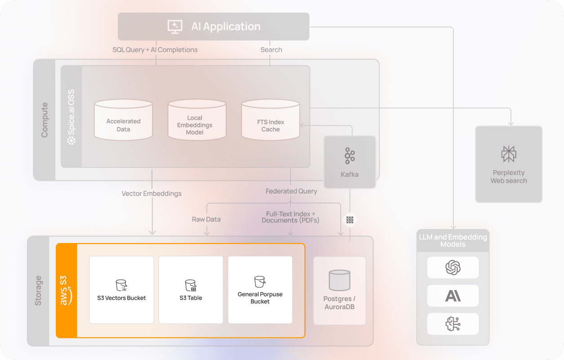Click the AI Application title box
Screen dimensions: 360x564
click(x=214, y=27)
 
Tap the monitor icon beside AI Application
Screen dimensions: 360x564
click(x=175, y=27)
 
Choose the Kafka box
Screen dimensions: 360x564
click(x=350, y=162)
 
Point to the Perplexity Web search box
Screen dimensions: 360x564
click(x=509, y=164)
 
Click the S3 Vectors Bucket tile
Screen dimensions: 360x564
click(x=121, y=290)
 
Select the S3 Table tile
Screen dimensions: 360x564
click(x=191, y=290)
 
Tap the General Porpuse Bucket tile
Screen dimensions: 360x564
click(x=260, y=290)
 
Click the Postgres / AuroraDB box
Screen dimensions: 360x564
click(x=340, y=291)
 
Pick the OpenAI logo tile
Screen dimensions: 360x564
click(x=453, y=268)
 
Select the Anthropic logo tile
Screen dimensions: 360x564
click(x=453, y=296)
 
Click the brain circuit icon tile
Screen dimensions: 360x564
click(x=453, y=324)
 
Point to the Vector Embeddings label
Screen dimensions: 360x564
click(x=152, y=193)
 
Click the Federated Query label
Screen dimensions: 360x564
click(x=291, y=191)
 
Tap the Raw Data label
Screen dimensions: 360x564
click(x=206, y=220)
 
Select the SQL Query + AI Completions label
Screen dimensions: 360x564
click(x=155, y=50)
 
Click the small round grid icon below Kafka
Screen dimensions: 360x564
click(x=350, y=220)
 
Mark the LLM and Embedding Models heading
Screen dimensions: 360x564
click(x=453, y=241)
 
